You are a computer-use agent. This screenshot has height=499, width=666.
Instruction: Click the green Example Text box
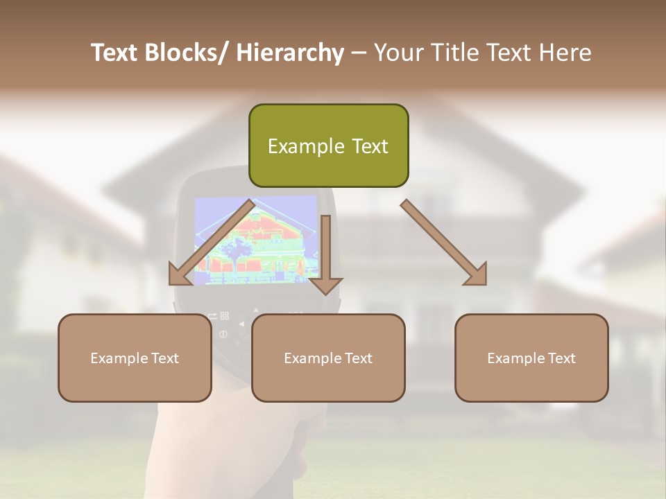click(x=328, y=146)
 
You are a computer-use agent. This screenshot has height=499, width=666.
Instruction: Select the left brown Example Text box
click(x=135, y=358)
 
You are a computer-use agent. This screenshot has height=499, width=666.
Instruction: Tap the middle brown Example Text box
click(x=328, y=358)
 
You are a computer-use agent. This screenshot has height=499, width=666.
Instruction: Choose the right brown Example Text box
click(x=531, y=358)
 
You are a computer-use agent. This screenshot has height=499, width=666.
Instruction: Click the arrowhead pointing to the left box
click(x=180, y=275)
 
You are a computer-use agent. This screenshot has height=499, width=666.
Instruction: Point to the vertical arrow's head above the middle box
click(x=325, y=285)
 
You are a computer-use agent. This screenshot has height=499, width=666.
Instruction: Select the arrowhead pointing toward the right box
click(x=476, y=274)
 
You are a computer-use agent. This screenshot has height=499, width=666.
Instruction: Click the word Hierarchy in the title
click(x=290, y=53)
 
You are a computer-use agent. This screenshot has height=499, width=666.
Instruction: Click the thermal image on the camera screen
click(x=255, y=239)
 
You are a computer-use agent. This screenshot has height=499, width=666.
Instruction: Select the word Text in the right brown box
click(x=561, y=358)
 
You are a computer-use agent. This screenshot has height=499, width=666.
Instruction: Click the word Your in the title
click(x=398, y=53)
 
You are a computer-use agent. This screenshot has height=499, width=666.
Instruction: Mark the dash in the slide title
click(x=359, y=53)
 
